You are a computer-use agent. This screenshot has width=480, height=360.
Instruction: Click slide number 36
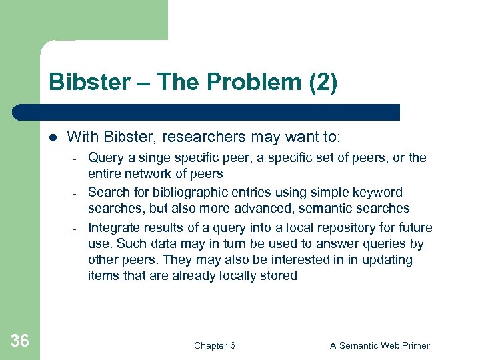point(20,341)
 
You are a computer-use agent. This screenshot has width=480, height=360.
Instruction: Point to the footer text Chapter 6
point(214,345)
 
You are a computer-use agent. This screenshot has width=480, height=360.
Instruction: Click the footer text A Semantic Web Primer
point(380,345)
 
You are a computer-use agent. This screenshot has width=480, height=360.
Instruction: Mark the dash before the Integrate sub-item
point(76,228)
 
